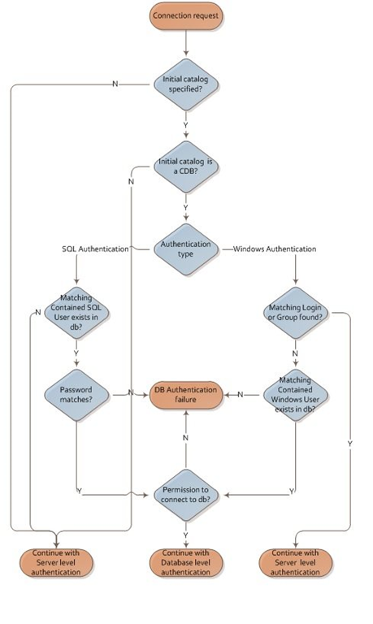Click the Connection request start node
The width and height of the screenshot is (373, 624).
186,16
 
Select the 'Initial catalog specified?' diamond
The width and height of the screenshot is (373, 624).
186,84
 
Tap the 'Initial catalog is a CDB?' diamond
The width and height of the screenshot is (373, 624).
186,167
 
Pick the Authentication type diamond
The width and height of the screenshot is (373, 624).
186,249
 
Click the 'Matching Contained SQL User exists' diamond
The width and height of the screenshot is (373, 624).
76,313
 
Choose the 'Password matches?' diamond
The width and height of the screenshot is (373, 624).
76,395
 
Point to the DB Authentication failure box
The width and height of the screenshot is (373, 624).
186,395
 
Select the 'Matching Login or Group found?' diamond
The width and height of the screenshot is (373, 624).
295,313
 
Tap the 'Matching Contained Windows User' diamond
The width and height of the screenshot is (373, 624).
295,395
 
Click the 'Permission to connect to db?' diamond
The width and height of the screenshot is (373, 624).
186,495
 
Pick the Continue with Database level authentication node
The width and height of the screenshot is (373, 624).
186,563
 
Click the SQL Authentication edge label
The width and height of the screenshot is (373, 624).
96,249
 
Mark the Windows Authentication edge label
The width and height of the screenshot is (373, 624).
275,249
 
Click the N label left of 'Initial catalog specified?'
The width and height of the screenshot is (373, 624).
115,84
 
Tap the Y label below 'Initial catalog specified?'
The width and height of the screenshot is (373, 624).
185,125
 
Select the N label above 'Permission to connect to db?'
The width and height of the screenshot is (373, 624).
185,438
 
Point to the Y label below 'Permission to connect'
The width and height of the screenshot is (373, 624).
185,535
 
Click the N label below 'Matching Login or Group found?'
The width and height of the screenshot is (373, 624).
295,353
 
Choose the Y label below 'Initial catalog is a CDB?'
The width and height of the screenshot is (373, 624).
185,208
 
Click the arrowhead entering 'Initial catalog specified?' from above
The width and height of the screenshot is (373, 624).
186,53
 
